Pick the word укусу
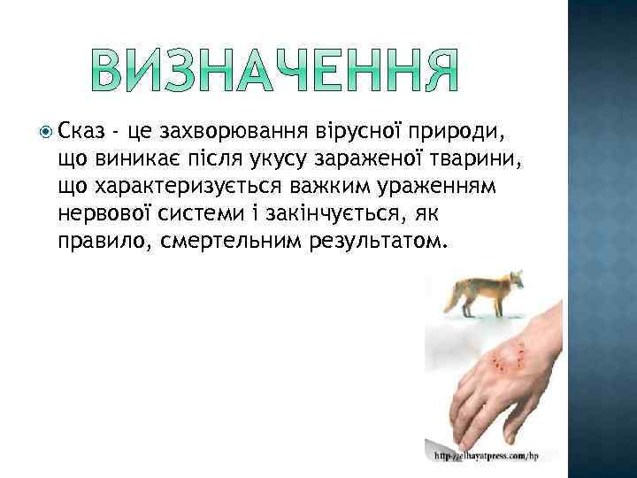tap(287, 160)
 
